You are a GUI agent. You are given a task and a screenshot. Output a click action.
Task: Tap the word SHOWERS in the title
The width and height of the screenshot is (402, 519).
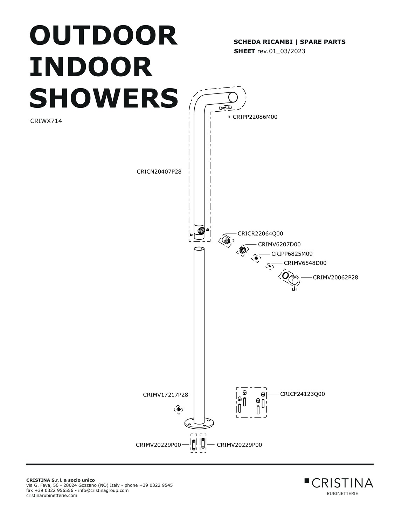(x=104, y=98)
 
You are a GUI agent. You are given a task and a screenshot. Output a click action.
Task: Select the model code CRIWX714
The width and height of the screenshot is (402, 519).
(x=46, y=121)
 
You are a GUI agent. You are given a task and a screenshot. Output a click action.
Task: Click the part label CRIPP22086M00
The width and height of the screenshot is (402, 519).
(x=255, y=117)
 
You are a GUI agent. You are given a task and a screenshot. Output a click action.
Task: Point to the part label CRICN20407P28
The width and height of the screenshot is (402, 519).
(x=159, y=171)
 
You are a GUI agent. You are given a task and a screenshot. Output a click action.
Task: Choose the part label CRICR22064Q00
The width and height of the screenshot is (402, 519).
(x=260, y=233)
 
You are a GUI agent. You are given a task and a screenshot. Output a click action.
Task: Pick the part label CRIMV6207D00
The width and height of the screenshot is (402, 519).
(x=279, y=244)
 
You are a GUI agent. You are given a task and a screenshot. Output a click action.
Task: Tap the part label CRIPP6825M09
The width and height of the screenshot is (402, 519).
(x=292, y=254)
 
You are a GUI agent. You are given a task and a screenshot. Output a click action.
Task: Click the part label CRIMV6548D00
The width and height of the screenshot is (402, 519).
(x=305, y=263)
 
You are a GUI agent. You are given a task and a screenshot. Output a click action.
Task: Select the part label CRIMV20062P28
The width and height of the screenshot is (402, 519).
(x=335, y=277)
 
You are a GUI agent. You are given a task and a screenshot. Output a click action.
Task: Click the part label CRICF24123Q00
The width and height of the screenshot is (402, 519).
(x=302, y=394)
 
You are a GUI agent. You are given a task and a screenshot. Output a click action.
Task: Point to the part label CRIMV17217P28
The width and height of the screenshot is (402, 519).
(x=165, y=395)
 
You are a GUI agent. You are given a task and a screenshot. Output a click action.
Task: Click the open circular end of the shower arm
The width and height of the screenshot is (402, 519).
(x=233, y=97)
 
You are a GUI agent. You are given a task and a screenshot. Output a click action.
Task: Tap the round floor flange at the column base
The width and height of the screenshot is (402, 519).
(x=199, y=423)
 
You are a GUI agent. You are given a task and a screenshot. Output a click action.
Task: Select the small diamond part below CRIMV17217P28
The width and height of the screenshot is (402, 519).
(x=178, y=409)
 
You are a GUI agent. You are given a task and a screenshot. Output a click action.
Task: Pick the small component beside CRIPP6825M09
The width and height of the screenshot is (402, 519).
(x=256, y=258)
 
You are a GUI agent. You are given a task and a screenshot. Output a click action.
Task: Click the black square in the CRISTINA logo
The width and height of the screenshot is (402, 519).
(x=307, y=481)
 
